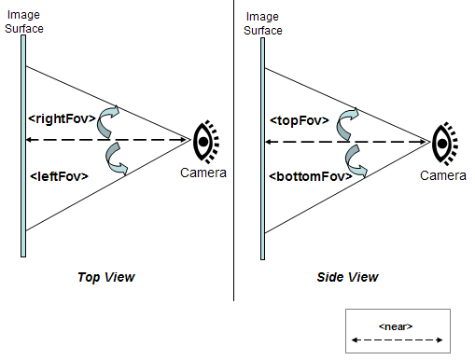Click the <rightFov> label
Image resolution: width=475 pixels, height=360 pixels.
click(62, 118)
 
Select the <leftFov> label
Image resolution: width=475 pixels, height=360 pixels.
click(59, 176)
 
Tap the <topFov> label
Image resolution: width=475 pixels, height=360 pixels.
click(300, 120)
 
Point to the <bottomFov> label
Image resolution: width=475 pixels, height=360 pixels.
click(311, 176)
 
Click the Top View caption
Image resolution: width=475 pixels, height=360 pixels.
click(106, 277)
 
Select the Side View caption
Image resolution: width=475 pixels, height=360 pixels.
click(347, 277)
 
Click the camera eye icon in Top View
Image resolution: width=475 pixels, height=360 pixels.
click(206, 142)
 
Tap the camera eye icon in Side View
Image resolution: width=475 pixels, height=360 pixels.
click(445, 144)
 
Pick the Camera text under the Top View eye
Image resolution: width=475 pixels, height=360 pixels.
click(203, 173)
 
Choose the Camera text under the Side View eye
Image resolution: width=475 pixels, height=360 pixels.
click(443, 175)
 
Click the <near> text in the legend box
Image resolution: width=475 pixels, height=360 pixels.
click(396, 326)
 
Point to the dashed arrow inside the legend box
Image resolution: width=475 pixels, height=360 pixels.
click(397, 339)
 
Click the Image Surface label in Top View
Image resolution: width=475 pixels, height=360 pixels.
click(24, 21)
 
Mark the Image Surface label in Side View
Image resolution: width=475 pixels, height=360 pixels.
click(263, 23)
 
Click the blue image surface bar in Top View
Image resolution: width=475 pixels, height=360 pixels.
click(23, 145)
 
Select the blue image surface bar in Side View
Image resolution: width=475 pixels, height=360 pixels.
click(263, 148)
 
